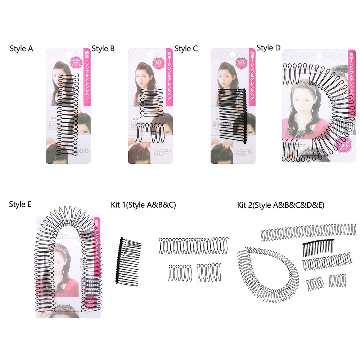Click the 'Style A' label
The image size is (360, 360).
point(21,49)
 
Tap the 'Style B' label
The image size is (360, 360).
point(103,49)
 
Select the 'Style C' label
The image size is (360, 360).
point(186,49)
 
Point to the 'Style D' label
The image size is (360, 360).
point(269,48)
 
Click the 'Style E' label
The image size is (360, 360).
point(20,204)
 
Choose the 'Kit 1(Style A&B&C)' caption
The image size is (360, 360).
point(144,205)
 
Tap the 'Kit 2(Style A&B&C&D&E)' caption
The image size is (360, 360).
point(281,205)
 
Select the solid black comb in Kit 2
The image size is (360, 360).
point(318,248)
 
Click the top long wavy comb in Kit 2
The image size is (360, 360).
point(308,233)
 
